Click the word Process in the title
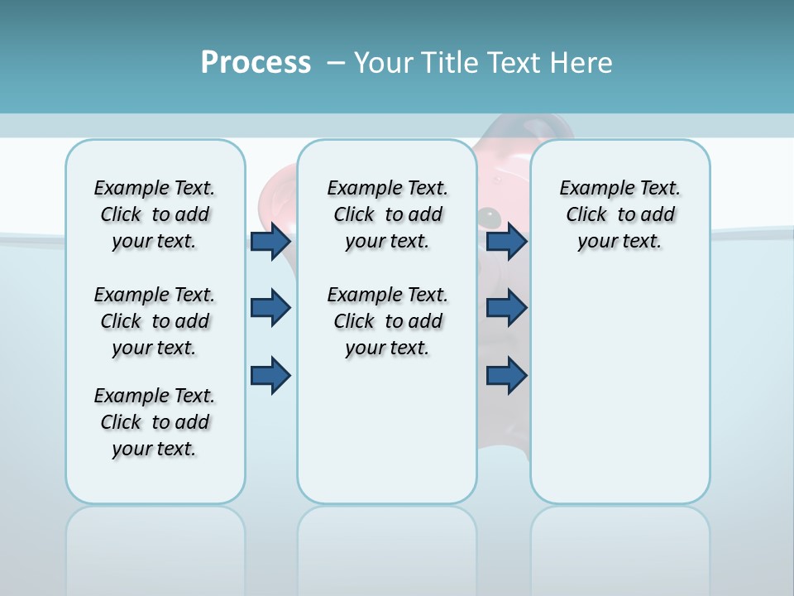[256, 63]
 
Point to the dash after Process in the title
[336, 63]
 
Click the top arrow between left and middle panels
[270, 242]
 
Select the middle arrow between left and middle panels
[270, 308]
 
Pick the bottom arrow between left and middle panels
[270, 376]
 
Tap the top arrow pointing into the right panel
[507, 242]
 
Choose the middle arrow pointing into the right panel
[507, 308]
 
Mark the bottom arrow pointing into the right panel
[507, 376]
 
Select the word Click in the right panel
[586, 215]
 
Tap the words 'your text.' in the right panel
[619, 242]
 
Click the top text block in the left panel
[155, 215]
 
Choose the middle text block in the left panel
[155, 321]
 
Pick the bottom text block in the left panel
[155, 422]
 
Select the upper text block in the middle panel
[387, 215]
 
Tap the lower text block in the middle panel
[387, 321]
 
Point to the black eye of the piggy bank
[489, 216]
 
